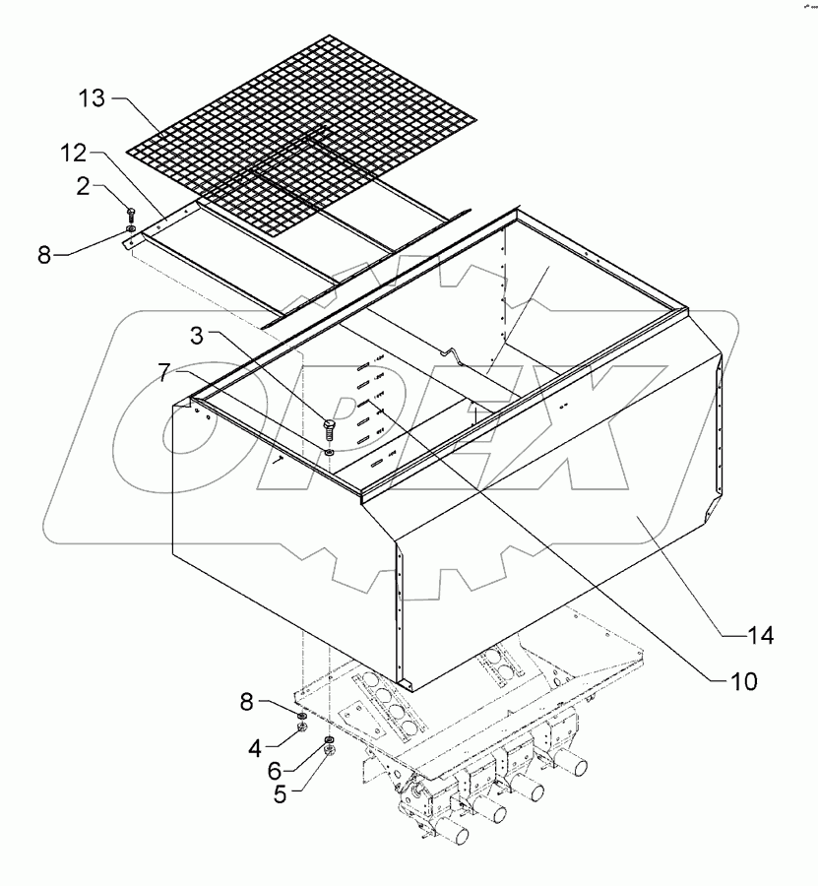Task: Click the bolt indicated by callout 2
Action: [131, 213]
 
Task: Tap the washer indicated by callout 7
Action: [328, 453]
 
